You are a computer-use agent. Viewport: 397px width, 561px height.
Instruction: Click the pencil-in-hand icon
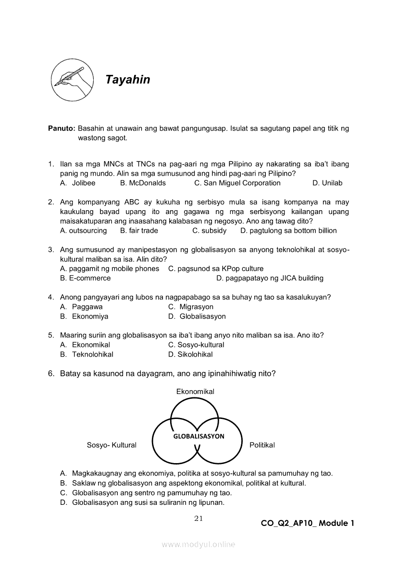[72, 80]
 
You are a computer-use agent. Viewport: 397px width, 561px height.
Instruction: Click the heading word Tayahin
[128, 80]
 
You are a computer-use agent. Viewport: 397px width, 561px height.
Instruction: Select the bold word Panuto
[62, 129]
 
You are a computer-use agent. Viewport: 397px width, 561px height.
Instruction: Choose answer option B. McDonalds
[143, 183]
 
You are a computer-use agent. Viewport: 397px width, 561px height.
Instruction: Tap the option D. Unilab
[327, 183]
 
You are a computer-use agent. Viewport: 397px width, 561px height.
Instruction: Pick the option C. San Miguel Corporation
[237, 183]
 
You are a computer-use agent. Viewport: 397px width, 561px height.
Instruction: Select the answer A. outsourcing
[84, 230]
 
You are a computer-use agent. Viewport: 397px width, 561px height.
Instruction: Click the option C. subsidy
[210, 230]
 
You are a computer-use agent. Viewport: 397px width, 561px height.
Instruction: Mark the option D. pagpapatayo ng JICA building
[270, 278]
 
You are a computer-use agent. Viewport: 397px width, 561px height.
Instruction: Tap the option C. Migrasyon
[191, 307]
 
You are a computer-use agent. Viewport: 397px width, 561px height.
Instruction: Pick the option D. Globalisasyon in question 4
[197, 316]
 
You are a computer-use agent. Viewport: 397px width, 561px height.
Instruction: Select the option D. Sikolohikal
[190, 354]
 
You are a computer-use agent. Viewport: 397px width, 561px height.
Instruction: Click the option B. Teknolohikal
[87, 354]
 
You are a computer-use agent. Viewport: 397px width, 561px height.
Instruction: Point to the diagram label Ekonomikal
[195, 392]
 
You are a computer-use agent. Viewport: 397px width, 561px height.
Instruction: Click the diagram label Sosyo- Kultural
[112, 445]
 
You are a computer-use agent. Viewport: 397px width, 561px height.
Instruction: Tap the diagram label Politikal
[262, 445]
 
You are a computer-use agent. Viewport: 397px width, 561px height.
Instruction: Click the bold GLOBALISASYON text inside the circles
[198, 436]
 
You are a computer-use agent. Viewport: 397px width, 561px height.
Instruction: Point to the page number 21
[199, 518]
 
